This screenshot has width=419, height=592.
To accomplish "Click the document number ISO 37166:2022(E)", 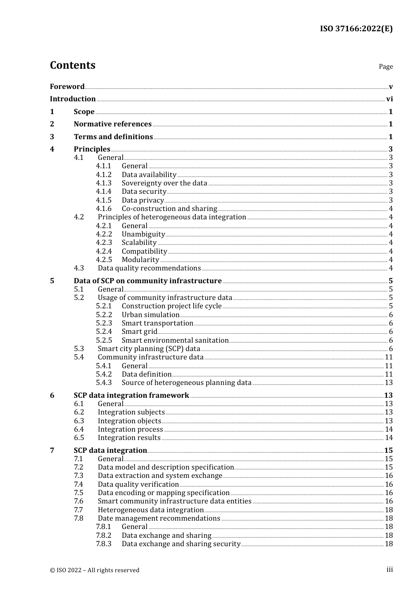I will (356, 29).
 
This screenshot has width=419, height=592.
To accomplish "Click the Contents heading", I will (72, 65).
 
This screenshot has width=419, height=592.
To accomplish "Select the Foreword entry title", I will (67, 86).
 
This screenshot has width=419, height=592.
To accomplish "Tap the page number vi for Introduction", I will (389, 99).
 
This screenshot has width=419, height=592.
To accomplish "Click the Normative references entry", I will (112, 124).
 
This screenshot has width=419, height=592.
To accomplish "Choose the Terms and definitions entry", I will (113, 137).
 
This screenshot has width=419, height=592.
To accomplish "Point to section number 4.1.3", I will (104, 183).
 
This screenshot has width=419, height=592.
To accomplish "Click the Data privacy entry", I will (143, 200).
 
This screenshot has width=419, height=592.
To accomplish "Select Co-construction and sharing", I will (169, 209).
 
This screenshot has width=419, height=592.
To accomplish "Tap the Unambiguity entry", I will (143, 234).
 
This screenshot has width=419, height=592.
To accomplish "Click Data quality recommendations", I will (149, 268).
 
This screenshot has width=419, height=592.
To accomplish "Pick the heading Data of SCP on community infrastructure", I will (147, 281).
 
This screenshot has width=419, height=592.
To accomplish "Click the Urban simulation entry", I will (150, 315).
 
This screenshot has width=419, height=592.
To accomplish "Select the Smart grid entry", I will (139, 332).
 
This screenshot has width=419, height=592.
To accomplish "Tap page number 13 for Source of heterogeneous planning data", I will (389, 383).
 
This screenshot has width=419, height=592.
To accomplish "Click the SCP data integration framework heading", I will (131, 396).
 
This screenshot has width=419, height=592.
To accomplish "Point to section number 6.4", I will (79, 429).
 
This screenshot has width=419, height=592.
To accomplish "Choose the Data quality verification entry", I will (138, 485).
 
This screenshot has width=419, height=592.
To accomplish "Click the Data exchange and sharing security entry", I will (181, 544).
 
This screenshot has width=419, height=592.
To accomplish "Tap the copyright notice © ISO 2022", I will (94, 570).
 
